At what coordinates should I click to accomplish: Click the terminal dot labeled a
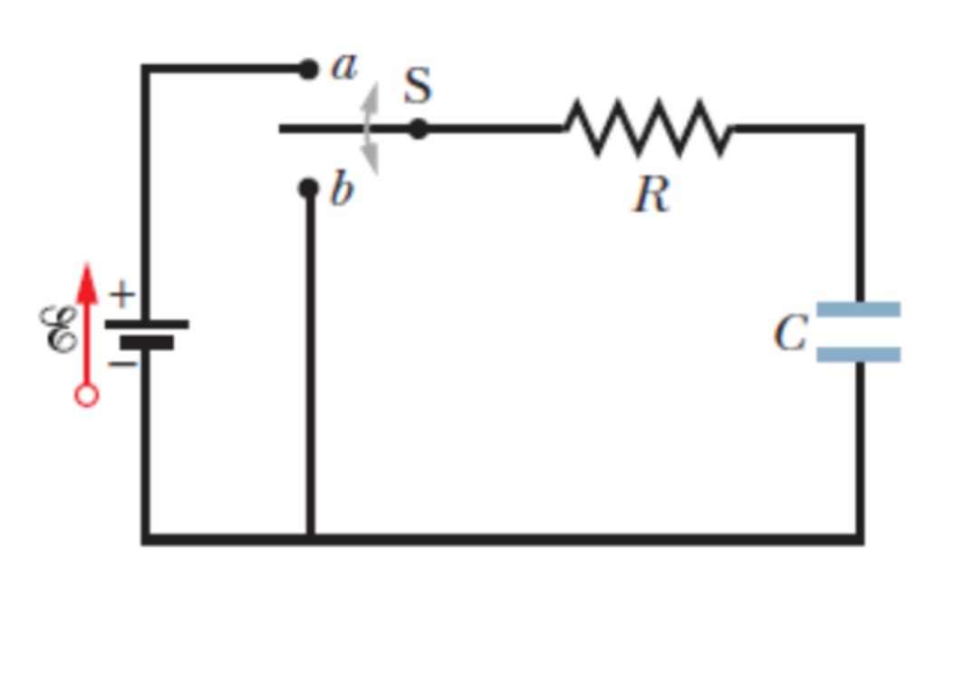[309, 68]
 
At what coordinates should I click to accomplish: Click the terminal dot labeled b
[309, 188]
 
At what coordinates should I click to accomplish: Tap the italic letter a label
[344, 66]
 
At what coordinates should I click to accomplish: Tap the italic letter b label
[341, 190]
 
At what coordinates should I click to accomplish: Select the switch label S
[418, 86]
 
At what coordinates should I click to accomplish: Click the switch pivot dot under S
[418, 130]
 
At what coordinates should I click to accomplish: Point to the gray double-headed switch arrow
[371, 130]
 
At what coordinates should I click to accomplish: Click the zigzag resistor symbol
[648, 129]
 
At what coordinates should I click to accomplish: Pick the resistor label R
[651, 194]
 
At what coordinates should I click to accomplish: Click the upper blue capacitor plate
[858, 310]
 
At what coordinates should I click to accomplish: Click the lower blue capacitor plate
[858, 354]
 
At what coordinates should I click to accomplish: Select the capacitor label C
[789, 333]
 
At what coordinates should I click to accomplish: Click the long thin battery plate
[146, 323]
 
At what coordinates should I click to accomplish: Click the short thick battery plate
[146, 343]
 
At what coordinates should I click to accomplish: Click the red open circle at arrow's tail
[86, 396]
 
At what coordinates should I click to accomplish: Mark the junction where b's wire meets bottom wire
[310, 538]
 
